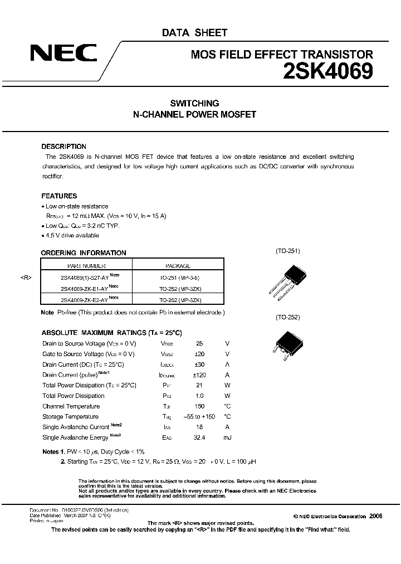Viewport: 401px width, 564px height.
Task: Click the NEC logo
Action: pos(63,54)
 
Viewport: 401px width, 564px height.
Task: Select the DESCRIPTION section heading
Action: pos(63,147)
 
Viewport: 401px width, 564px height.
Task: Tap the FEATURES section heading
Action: pos(59,196)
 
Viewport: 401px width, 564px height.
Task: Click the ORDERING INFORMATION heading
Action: pos(84,252)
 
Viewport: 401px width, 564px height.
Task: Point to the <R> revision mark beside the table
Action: pos(27,278)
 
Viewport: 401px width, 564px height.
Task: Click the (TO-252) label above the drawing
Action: pos(287,317)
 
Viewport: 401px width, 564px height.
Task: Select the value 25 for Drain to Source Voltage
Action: pos(200,344)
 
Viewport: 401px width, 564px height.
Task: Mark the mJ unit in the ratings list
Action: pos(227,437)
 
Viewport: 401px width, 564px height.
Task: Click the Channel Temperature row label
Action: pos(71,406)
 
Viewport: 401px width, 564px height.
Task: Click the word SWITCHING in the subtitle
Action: pos(194,103)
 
